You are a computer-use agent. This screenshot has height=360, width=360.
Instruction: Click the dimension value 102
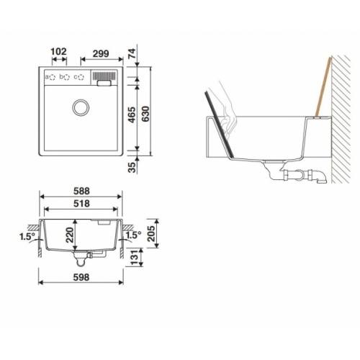tap(58, 52)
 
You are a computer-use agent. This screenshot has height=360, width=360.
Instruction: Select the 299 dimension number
tap(101, 54)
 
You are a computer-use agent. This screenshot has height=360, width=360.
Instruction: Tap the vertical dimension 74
tap(132, 53)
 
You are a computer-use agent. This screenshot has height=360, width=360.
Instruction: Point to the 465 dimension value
tap(132, 115)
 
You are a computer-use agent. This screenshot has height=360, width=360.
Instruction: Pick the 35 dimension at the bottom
tap(132, 167)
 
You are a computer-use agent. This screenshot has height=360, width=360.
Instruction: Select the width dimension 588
tap(81, 191)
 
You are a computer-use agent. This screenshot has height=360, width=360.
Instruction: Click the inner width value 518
tap(81, 204)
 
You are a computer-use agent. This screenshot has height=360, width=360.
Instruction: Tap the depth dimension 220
tap(69, 235)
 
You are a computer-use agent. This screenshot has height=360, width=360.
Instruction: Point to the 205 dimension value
tap(151, 233)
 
